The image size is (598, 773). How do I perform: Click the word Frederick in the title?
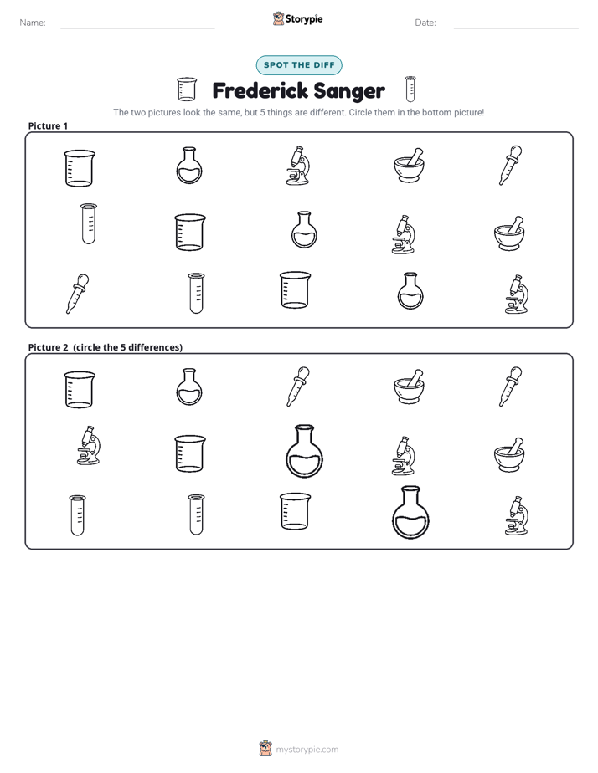(x=259, y=90)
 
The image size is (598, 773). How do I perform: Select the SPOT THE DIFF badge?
(x=299, y=65)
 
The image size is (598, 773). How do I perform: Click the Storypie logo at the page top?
(x=297, y=18)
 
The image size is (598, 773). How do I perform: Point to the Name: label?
(x=33, y=23)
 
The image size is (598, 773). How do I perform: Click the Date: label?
(x=425, y=23)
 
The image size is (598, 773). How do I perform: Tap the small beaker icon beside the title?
(x=187, y=90)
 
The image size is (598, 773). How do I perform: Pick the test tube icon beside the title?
(x=410, y=89)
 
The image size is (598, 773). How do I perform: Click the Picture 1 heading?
(x=48, y=125)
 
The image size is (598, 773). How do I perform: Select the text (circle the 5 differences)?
(x=128, y=347)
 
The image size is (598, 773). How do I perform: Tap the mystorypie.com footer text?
(x=307, y=750)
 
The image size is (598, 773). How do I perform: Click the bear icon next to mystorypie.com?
(x=265, y=749)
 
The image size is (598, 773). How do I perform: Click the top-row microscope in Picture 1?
(x=298, y=165)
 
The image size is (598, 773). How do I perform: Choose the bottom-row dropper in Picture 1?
(x=77, y=294)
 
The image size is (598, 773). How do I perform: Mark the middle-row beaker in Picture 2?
(x=190, y=453)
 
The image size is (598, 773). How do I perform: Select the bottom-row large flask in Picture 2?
(x=410, y=513)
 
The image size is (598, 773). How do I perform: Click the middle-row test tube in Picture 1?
(x=89, y=224)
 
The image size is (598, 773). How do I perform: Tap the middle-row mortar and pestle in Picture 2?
(x=509, y=454)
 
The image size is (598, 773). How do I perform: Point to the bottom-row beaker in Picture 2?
(x=296, y=511)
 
